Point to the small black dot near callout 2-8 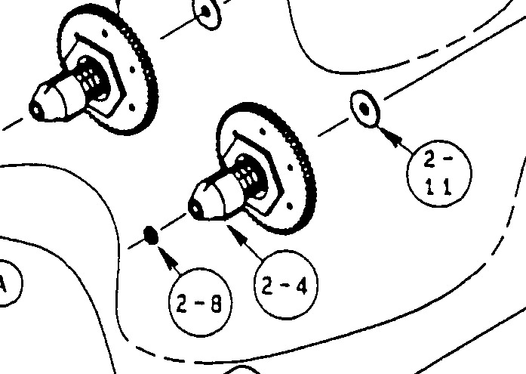tap(151, 235)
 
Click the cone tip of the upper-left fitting tap(36, 108)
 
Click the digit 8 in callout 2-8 tap(217, 304)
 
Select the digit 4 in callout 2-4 tap(300, 286)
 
